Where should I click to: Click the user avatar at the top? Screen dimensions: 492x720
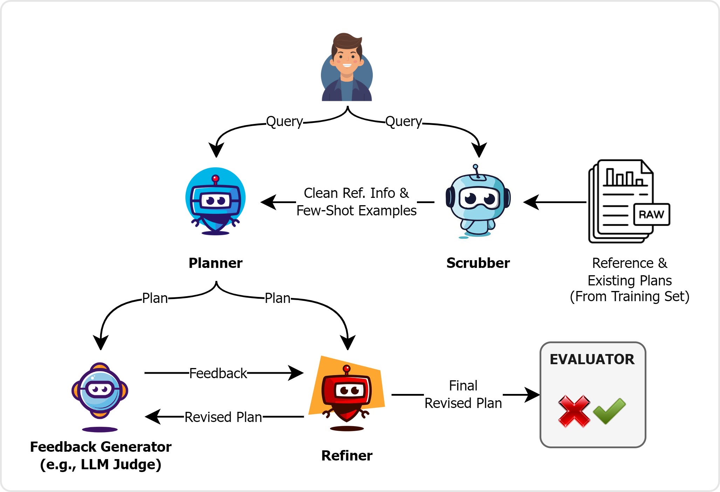coord(347,68)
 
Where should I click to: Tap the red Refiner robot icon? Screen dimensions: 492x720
coord(347,394)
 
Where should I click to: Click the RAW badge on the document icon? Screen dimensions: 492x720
coord(651,214)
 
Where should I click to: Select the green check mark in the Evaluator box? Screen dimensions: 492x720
coord(609,410)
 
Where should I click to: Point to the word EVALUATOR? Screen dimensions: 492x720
coord(592,359)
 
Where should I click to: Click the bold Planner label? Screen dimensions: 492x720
coord(215,263)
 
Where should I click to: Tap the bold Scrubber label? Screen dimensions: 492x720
coord(478,263)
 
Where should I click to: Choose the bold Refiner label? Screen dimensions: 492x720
coord(347,456)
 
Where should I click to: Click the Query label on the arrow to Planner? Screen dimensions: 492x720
coord(284,122)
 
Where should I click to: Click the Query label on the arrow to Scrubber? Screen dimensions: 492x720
coord(404,122)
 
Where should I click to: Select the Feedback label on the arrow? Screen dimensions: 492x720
coord(218,373)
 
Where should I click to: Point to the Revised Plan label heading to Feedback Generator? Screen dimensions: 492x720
coord(223,417)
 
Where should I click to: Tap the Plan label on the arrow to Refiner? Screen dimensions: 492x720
coord(277,298)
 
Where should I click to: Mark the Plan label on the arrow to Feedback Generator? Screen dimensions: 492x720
coord(155,298)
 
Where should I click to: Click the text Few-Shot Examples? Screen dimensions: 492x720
coord(356,211)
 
